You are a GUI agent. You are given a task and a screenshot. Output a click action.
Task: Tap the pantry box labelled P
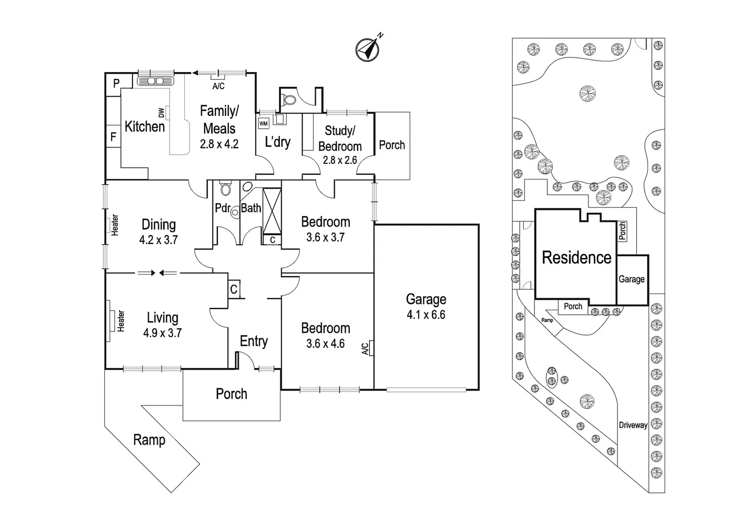tap(116, 83)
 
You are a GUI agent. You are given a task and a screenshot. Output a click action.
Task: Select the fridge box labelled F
tap(113, 137)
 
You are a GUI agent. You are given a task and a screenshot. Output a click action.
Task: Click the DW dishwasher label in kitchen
tap(162, 113)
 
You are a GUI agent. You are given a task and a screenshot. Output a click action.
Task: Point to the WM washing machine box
tap(264, 124)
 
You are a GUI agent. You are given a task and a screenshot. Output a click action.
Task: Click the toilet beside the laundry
tap(289, 100)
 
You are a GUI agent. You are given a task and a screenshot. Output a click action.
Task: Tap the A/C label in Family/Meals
tap(219, 86)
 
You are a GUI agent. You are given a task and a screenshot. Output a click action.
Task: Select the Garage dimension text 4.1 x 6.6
tap(426, 315)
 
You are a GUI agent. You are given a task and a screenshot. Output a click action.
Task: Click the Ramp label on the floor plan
tap(149, 440)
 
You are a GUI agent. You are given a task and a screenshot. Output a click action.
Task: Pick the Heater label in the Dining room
tap(115, 225)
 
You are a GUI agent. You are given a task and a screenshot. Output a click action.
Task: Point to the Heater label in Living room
tap(120, 321)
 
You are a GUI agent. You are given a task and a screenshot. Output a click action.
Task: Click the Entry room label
tap(253, 341)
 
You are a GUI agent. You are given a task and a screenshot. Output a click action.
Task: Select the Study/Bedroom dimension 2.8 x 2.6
tap(340, 159)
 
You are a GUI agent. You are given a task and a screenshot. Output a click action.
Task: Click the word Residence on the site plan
tap(576, 258)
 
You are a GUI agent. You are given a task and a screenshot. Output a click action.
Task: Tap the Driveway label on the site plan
tap(633, 425)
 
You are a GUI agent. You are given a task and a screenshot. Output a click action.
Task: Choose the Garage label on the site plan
tap(631, 279)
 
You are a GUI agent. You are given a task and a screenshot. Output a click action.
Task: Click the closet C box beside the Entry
tap(234, 290)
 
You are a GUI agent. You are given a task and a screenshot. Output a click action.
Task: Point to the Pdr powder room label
tap(222, 208)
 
